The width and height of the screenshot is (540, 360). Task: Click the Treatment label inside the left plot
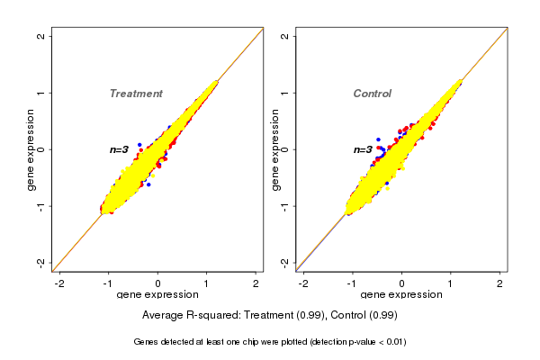point(136,94)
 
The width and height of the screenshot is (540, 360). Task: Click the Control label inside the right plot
point(373,94)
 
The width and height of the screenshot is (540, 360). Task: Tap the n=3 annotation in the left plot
point(120,149)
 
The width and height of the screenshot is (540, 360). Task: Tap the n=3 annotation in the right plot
point(363,149)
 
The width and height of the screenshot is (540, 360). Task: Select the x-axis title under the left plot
point(157,295)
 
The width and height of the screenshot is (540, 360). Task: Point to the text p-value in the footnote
point(367,342)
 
